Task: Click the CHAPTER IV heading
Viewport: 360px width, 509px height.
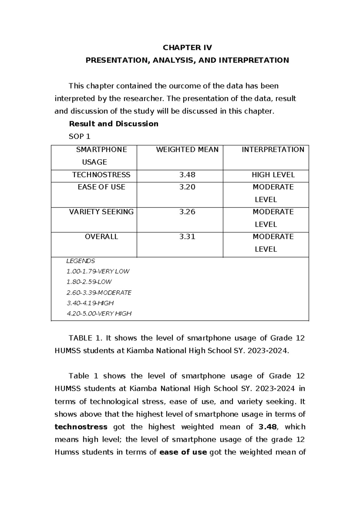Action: point(187,48)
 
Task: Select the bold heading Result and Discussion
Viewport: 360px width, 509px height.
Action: point(113,124)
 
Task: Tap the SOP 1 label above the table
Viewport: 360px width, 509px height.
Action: point(79,137)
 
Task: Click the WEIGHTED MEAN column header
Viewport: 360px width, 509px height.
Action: point(187,149)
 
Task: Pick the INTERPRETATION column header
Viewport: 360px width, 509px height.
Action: point(273,149)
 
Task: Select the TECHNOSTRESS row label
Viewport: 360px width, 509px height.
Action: point(101,175)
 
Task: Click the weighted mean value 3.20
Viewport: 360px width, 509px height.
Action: point(187,187)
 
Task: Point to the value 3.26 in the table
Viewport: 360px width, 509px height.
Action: point(187,212)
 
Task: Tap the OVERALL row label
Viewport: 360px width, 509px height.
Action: point(101,236)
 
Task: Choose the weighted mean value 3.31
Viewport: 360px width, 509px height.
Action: point(187,236)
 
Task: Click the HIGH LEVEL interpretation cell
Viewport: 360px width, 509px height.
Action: point(273,175)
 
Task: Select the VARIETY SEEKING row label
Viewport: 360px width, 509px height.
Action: point(101,212)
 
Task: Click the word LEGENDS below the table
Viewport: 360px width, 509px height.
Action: point(80,261)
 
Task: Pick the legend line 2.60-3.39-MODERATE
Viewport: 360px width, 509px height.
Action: point(99,293)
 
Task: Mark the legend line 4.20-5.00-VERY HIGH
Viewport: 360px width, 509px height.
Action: point(99,314)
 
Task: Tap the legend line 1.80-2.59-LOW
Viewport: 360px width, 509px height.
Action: point(89,282)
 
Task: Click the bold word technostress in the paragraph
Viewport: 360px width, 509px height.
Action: point(81,427)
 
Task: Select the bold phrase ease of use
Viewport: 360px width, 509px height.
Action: point(183,452)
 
